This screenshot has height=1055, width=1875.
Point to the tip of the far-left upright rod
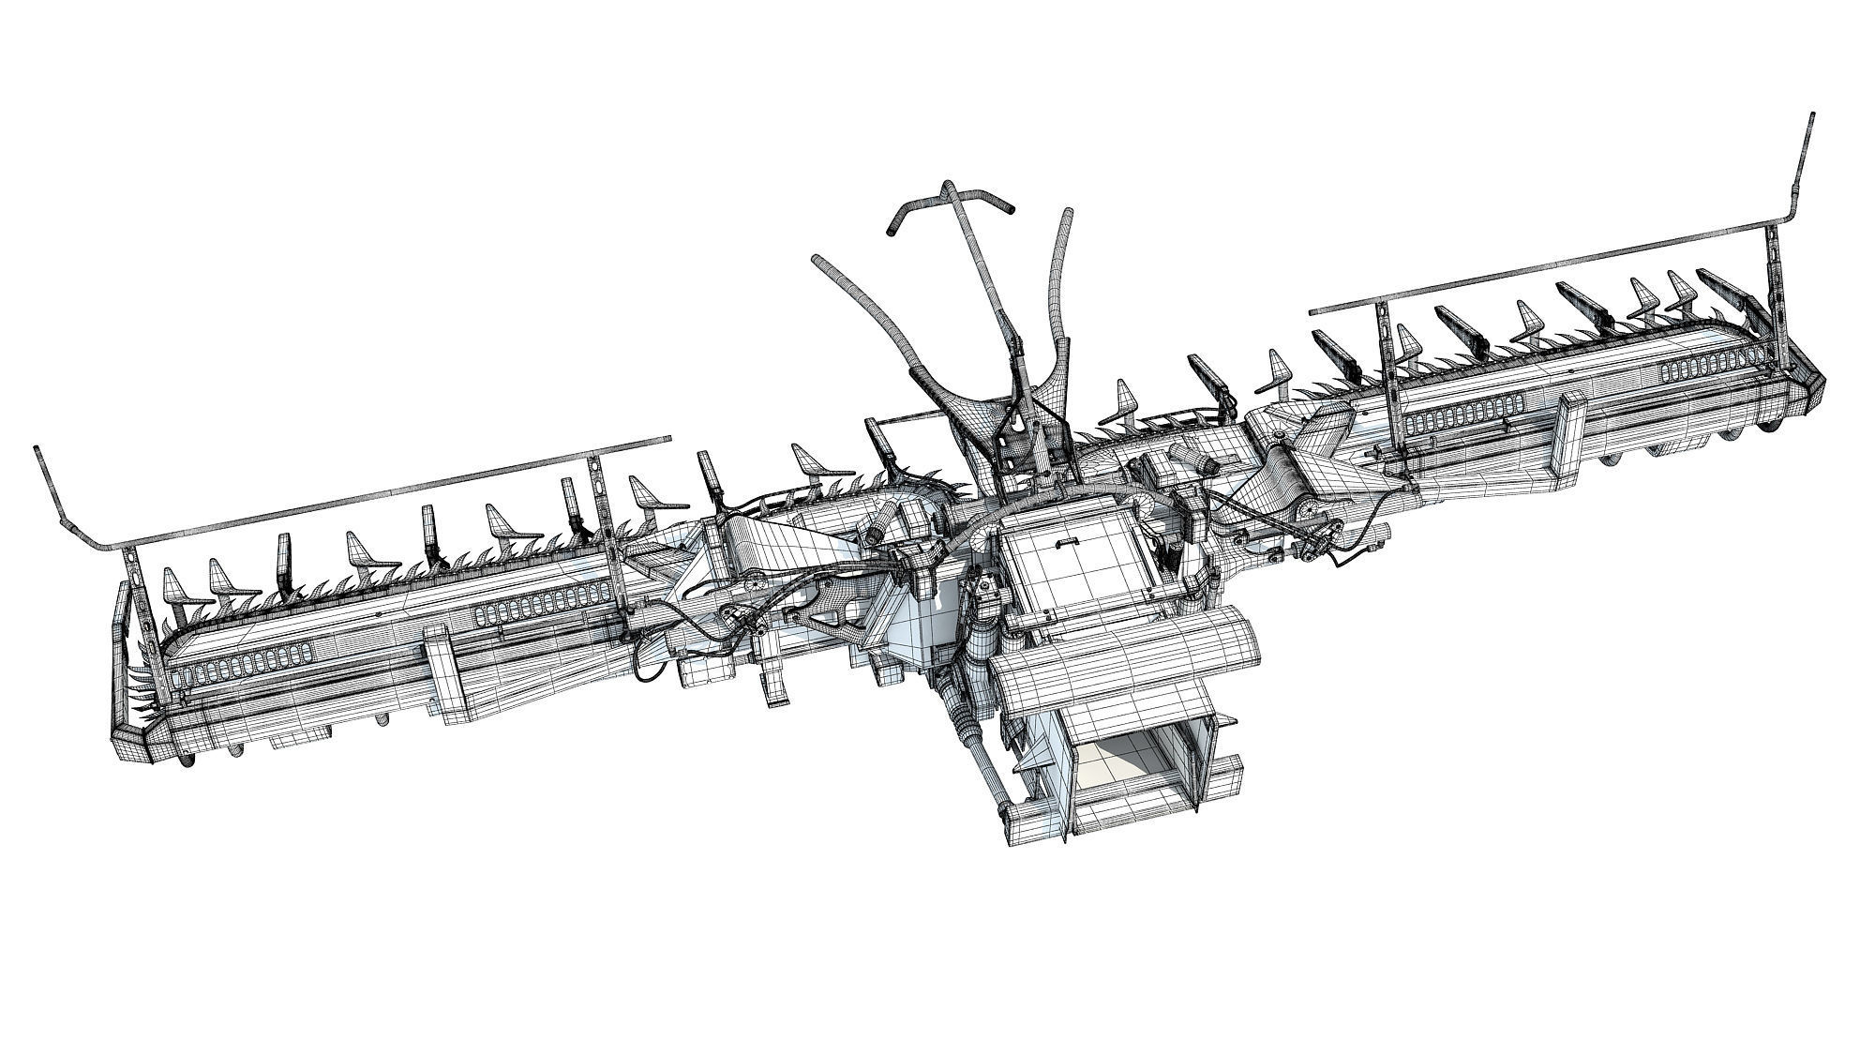[x=38, y=450]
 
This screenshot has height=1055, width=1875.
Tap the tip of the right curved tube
[x=1068, y=214]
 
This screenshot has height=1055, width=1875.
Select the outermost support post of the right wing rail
[x=1775, y=281]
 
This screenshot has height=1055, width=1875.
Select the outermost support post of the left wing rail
[x=131, y=600]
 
